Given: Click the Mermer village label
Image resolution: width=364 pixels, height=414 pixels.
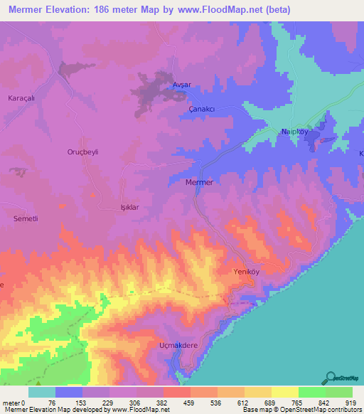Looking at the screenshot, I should pyautogui.click(x=198, y=182).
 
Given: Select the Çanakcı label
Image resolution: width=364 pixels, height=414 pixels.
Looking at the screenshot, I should pyautogui.click(x=201, y=108).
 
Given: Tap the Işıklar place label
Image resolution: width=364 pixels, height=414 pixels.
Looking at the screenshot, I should pyautogui.click(x=113, y=207).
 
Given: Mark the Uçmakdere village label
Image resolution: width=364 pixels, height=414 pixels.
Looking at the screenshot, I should pyautogui.click(x=177, y=346).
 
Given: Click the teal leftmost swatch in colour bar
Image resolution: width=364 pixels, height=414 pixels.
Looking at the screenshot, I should pyautogui.click(x=42, y=393).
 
